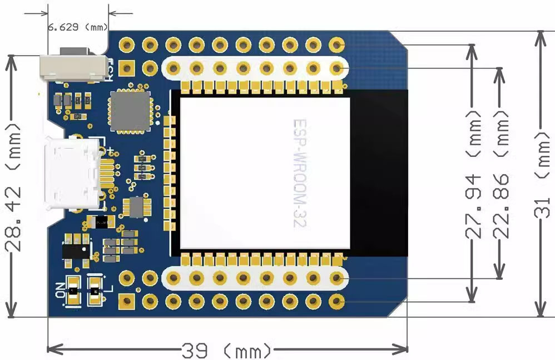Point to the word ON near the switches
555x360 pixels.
pyautogui.click(x=59, y=290)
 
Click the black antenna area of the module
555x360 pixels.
pyautogui.click(x=379, y=172)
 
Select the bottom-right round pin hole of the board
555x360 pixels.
pyautogui.click(x=336, y=301)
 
